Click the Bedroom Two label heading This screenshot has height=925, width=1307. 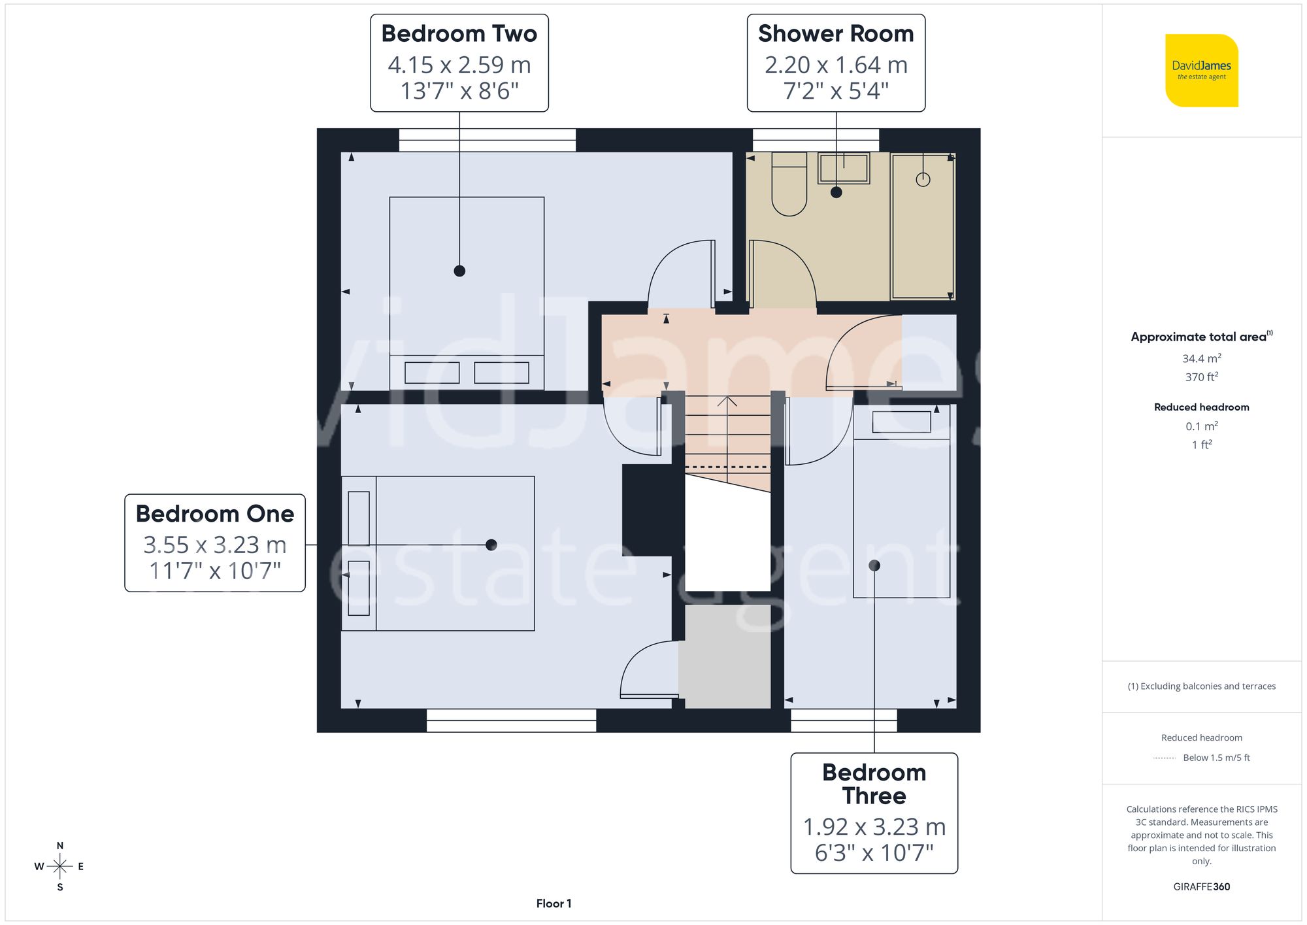(459, 34)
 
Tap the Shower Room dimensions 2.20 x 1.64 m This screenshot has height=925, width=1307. (836, 65)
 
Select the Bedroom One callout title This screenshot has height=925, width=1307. (214, 514)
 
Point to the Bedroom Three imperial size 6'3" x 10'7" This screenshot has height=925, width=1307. (874, 853)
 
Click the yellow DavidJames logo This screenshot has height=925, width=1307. (1201, 71)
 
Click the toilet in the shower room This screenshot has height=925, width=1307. (789, 184)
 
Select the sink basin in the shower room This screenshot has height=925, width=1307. (843, 168)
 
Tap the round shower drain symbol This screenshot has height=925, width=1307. (923, 179)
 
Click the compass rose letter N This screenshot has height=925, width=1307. (60, 846)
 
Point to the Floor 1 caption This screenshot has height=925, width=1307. (554, 903)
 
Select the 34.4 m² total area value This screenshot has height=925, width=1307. (1201, 358)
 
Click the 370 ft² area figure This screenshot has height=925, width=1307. (1201, 377)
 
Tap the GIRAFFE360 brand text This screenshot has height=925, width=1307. (1201, 887)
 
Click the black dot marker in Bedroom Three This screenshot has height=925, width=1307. (874, 565)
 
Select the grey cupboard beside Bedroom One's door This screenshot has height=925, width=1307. (724, 656)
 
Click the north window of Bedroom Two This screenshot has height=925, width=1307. (487, 140)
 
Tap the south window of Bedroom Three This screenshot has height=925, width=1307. (844, 720)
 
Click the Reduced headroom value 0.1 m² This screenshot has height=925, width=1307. (1201, 426)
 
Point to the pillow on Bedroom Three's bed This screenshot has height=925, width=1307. (901, 422)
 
